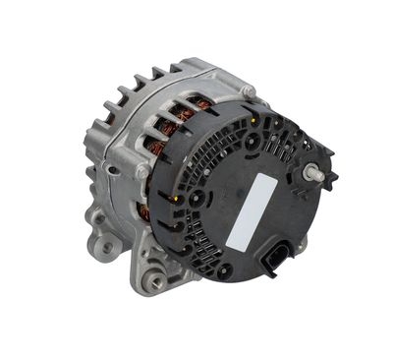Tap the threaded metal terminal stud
(316, 173)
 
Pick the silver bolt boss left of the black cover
(144, 173)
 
